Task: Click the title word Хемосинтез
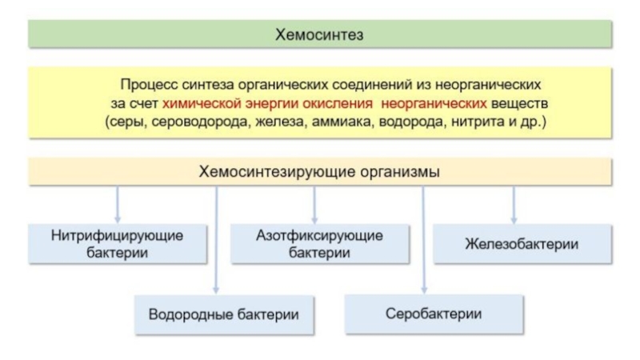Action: (x=319, y=34)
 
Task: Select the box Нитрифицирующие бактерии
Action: (x=118, y=244)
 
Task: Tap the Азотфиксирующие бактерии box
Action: (x=319, y=244)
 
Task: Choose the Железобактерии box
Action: (x=522, y=244)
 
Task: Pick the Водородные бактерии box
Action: (x=224, y=314)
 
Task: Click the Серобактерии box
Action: (x=434, y=314)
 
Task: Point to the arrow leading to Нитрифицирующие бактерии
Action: (x=118, y=205)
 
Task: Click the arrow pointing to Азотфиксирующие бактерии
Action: (x=314, y=205)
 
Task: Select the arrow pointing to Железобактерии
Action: (x=514, y=205)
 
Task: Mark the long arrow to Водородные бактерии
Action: (x=216, y=241)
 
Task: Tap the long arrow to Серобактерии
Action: (x=424, y=241)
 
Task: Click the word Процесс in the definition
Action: (x=149, y=85)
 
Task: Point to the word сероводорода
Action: (x=199, y=122)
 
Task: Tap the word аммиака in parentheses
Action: (x=343, y=122)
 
